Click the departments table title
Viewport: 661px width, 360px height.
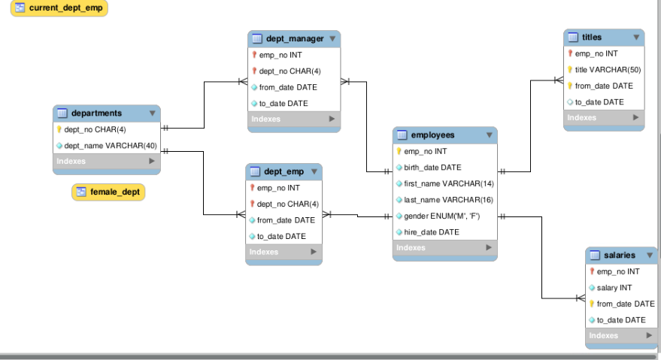[x=96, y=113]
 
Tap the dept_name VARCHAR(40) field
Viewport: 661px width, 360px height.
[x=110, y=145]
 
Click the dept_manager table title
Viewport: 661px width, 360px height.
[x=294, y=39]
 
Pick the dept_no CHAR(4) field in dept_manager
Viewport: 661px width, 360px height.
[x=289, y=71]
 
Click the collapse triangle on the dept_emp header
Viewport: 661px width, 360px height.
[x=314, y=172]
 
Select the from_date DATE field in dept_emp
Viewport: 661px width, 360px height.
[x=286, y=220]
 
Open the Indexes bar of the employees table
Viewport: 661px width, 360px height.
[x=444, y=248]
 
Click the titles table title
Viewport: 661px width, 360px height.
[x=592, y=37]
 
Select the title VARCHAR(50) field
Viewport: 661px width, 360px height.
[x=607, y=70]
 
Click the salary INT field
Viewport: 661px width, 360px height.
[x=614, y=288]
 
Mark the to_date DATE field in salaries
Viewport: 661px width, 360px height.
[x=620, y=320]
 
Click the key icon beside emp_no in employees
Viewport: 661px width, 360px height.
[x=400, y=152]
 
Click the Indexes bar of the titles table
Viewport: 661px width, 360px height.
[x=604, y=118]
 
